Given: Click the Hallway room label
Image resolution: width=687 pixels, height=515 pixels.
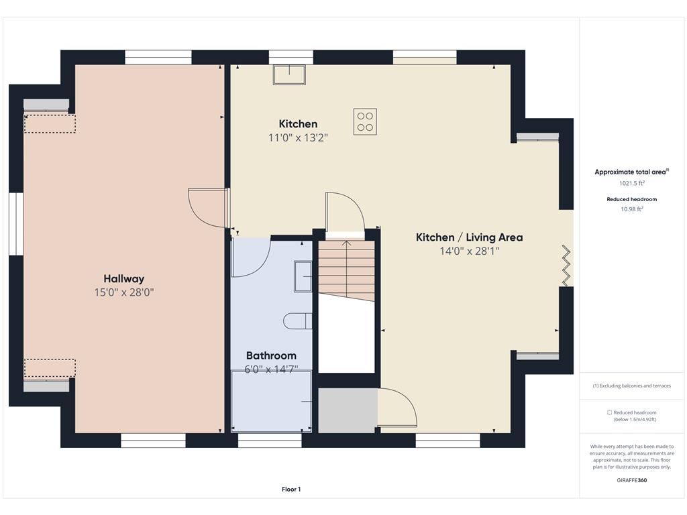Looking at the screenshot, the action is point(124,279).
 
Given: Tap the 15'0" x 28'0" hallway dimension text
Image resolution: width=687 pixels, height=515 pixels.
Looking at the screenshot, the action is point(124,292).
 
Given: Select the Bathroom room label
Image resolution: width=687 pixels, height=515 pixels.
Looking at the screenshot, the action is point(271,355).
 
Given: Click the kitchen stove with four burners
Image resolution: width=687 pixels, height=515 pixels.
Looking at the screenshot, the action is point(365,122).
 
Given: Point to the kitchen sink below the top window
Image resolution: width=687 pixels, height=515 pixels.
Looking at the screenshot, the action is point(289,74).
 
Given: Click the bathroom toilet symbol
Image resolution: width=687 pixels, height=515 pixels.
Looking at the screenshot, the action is point(298,321).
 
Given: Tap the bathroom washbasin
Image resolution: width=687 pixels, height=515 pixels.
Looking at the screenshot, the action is point(303,276).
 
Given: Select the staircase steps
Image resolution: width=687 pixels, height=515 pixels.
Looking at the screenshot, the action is point(347,271).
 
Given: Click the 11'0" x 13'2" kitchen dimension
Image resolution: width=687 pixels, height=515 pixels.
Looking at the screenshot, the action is point(298,138).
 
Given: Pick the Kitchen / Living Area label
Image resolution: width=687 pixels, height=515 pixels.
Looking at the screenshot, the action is point(469,237).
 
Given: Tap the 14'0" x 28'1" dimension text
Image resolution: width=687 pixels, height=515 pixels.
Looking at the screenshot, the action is point(470,251).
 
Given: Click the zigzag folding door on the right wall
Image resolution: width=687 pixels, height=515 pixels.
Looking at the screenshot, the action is point(566,266).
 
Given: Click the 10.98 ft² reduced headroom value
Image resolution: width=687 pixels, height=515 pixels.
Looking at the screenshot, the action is point(632,209).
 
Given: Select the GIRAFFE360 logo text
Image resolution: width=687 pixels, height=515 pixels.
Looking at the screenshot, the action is point(632,480).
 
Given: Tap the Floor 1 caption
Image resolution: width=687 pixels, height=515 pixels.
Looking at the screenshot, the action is point(291,490).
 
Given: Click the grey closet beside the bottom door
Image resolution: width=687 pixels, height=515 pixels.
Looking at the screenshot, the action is point(348,410).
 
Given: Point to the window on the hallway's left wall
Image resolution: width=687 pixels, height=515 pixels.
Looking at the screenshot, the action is point(16,223).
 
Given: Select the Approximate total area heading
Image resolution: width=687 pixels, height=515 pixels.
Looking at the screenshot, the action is point(630,172).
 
